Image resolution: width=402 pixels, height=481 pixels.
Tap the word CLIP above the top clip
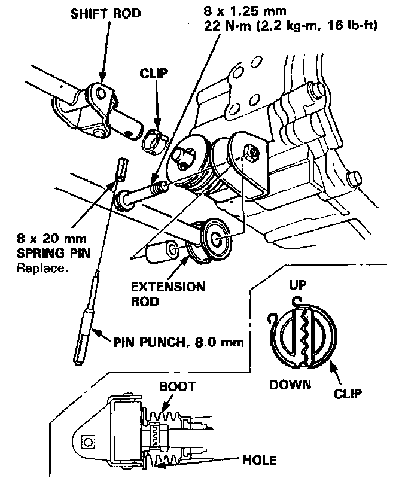154,74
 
